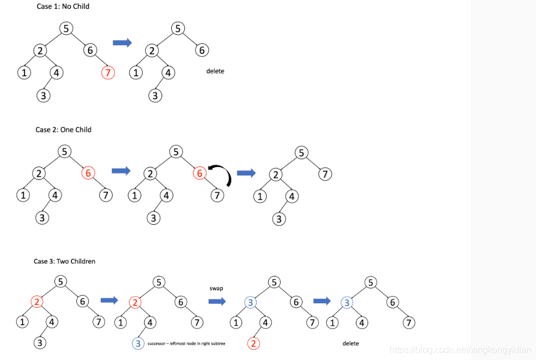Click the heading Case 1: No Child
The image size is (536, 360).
[x=62, y=6]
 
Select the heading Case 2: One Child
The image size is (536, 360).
[x=63, y=130]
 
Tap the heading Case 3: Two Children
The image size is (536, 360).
[x=65, y=261]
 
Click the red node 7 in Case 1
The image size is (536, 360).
[x=108, y=72]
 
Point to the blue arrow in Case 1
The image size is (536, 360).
[x=122, y=43]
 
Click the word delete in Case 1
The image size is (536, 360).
[x=215, y=71]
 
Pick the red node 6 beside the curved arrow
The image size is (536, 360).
[x=199, y=173]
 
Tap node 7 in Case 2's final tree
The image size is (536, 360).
[x=324, y=174]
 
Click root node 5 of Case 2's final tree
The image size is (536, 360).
[x=302, y=153]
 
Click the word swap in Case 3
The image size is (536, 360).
[x=216, y=288]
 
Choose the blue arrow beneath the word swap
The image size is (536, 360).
[x=217, y=301]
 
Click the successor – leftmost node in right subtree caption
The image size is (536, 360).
[x=186, y=343]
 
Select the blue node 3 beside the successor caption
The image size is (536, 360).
[x=138, y=343]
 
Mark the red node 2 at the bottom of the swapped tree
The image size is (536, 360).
[x=254, y=343]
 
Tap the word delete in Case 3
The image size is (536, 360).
[x=350, y=343]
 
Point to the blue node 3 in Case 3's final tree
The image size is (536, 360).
[x=347, y=303]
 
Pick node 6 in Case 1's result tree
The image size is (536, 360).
[x=202, y=50]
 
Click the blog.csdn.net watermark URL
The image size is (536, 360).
[x=460, y=350]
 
